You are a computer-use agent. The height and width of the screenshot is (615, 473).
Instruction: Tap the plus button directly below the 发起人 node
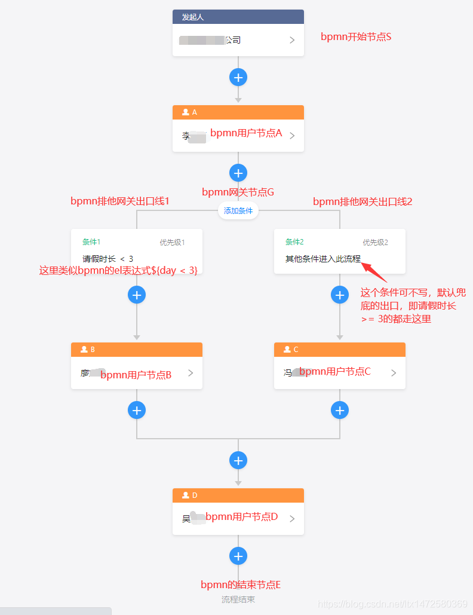(238, 77)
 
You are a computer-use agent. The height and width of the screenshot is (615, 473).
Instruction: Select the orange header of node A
(238, 112)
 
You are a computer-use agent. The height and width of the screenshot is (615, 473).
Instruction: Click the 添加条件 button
(238, 210)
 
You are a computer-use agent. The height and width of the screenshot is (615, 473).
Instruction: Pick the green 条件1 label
(91, 242)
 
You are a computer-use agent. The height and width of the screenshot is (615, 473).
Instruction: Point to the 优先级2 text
(375, 242)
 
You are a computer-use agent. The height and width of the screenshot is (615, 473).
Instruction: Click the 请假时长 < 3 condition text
(108, 259)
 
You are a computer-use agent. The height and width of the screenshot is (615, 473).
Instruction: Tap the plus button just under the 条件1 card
(137, 295)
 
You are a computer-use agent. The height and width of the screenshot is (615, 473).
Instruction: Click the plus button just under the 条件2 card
(340, 295)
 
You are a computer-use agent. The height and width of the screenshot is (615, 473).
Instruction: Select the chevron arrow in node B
(191, 373)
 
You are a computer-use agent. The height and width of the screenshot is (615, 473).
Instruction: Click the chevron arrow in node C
(394, 373)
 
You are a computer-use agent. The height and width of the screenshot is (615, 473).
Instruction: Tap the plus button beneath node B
(137, 410)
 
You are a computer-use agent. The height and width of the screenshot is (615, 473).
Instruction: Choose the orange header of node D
(238, 495)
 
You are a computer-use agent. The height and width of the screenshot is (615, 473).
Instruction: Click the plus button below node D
(238, 556)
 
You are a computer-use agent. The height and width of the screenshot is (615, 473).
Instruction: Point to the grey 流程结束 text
(238, 599)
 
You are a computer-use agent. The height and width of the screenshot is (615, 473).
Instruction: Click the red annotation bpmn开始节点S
(356, 36)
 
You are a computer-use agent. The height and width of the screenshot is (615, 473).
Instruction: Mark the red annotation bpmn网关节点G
(238, 192)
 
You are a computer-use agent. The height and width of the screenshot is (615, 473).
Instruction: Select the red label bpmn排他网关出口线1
(120, 201)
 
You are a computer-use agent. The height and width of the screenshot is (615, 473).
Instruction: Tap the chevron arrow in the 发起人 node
(292, 40)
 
